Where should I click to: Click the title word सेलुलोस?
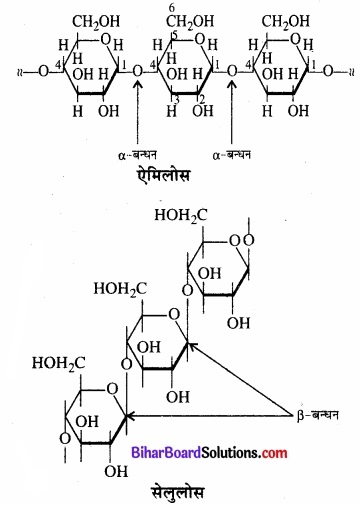[x=179, y=487]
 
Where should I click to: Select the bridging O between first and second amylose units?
[x=138, y=71]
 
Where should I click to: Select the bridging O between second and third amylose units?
[x=232, y=71]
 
